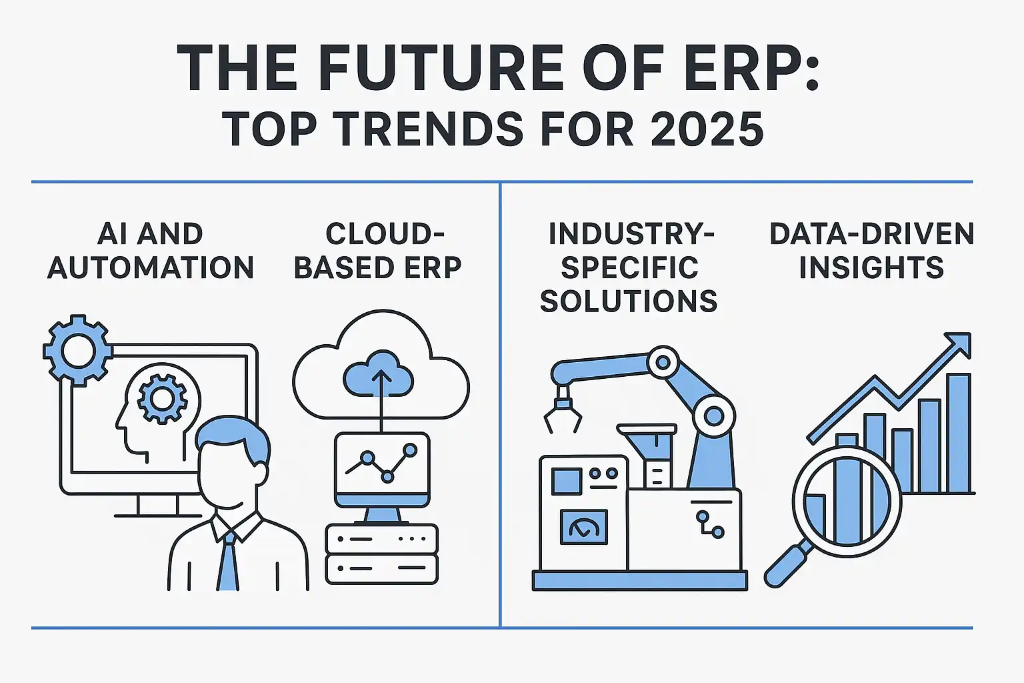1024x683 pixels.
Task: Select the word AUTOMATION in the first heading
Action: click(151, 267)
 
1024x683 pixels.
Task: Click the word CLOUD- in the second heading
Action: click(385, 233)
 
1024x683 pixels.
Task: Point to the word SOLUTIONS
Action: click(629, 301)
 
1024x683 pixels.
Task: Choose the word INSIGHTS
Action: click(871, 267)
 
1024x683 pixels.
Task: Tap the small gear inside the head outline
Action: click(162, 398)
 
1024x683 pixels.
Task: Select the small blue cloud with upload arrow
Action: click(379, 374)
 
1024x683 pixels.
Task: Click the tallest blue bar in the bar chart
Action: click(959, 433)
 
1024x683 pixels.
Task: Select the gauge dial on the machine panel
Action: click(584, 527)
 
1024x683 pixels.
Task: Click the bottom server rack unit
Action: click(382, 569)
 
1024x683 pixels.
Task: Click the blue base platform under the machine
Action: click(640, 580)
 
